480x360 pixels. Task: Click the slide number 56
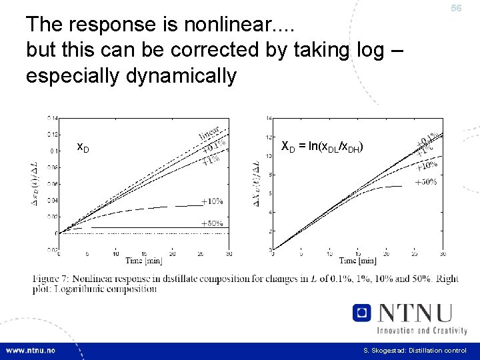[456, 9]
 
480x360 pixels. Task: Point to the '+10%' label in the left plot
[212, 201]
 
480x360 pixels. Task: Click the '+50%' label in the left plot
[212, 223]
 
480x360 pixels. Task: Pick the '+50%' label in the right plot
[425, 182]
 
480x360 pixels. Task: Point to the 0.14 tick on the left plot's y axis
[51, 117]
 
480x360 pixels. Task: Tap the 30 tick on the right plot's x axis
[443, 254]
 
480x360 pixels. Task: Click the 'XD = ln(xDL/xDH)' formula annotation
[323, 145]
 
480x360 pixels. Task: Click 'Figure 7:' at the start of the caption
[51, 279]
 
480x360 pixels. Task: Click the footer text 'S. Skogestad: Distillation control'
[415, 351]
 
